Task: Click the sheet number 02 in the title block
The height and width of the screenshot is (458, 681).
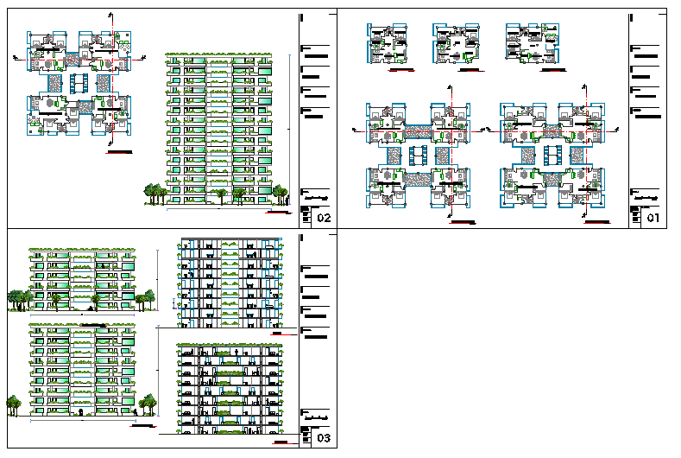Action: [x=324, y=218]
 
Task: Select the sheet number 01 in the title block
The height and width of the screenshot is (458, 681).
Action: [x=653, y=218]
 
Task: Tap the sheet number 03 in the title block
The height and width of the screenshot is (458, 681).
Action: [x=324, y=439]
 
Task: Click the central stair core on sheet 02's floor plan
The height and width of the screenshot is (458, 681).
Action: [x=79, y=84]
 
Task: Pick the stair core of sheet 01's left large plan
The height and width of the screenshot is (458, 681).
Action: [x=419, y=156]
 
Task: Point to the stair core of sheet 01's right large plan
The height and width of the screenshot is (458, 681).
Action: [x=553, y=156]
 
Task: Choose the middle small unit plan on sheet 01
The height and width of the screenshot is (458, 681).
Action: [x=457, y=43]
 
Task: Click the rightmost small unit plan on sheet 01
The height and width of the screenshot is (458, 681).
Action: [x=526, y=43]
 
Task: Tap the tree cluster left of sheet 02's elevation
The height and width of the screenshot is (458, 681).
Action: [x=155, y=193]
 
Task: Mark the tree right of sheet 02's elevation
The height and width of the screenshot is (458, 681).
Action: [x=281, y=190]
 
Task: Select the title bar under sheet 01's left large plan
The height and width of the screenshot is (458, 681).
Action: [x=463, y=224]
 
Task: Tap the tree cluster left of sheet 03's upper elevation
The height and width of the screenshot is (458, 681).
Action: [x=19, y=298]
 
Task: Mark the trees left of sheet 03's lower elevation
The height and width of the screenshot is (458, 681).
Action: [x=13, y=402]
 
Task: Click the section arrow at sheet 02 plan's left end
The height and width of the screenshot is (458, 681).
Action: [x=17, y=58]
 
